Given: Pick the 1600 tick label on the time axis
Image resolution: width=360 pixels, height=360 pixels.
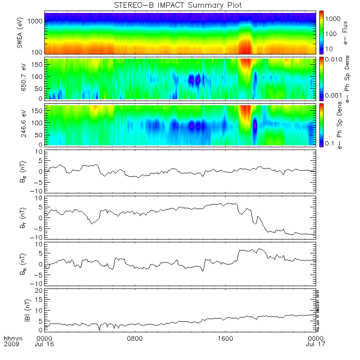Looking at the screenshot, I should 226,337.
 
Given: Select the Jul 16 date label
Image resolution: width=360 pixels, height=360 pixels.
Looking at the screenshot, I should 44,344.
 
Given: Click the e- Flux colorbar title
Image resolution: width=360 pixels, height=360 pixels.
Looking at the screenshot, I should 346,33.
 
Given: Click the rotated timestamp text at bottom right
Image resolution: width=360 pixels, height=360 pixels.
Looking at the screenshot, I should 318,310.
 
